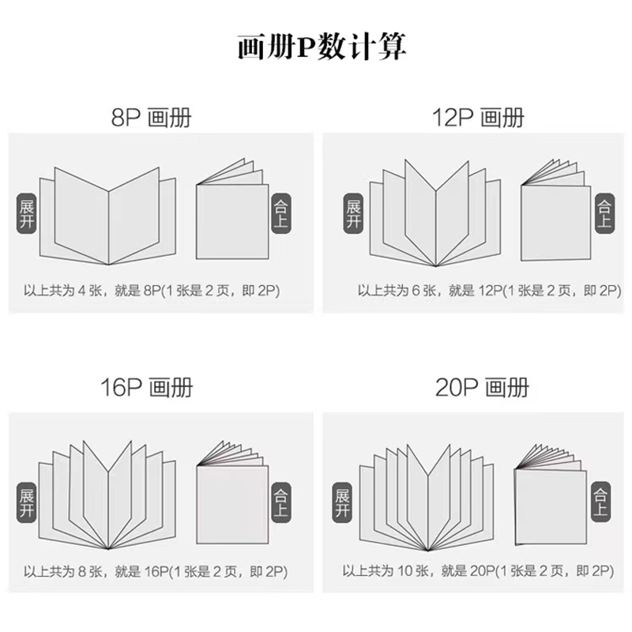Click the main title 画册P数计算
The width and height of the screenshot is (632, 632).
click(x=322, y=47)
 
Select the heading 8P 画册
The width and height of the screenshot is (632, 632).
click(x=151, y=118)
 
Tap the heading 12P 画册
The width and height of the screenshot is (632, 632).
click(x=478, y=118)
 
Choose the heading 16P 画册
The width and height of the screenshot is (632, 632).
click(x=147, y=387)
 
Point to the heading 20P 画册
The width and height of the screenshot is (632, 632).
click(x=482, y=387)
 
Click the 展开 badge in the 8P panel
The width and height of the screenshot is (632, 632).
click(x=27, y=213)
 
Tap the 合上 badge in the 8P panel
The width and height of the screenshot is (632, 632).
click(x=281, y=213)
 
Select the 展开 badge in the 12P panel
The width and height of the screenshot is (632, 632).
click(x=353, y=213)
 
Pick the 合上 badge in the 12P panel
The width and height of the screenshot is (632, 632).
click(x=605, y=213)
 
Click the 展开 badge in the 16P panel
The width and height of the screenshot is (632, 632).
click(x=27, y=502)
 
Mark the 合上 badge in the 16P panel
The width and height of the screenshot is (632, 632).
click(x=281, y=502)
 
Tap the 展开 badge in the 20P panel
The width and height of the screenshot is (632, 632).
click(x=342, y=502)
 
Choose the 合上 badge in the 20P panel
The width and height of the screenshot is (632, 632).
click(x=600, y=502)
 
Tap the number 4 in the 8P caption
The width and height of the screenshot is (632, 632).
click(x=82, y=291)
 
